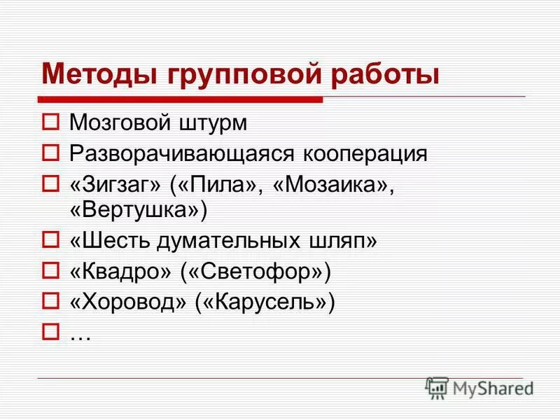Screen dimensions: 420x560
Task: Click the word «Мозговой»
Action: click(x=120, y=124)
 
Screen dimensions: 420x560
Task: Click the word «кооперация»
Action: click(x=361, y=153)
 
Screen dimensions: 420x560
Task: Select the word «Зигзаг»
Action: click(x=120, y=183)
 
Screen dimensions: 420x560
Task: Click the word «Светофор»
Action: click(x=256, y=271)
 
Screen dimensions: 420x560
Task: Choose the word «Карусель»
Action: click(x=262, y=301)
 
